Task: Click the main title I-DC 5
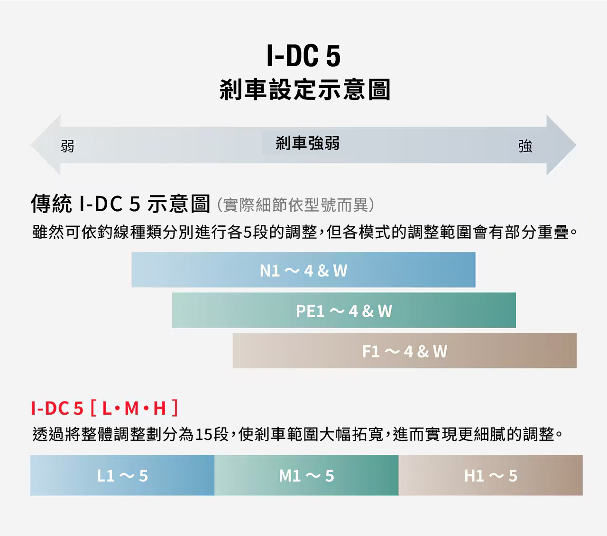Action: pyautogui.click(x=303, y=56)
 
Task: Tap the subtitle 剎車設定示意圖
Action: pyautogui.click(x=304, y=90)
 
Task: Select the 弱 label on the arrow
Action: pyautogui.click(x=67, y=146)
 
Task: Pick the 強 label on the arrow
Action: pyautogui.click(x=525, y=146)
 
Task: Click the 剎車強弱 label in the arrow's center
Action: pyautogui.click(x=308, y=143)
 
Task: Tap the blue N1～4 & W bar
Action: pyautogui.click(x=303, y=270)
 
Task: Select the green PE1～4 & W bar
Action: pyautogui.click(x=344, y=311)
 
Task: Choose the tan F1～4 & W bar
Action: pyautogui.click(x=405, y=351)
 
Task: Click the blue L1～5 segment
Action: pyautogui.click(x=122, y=475)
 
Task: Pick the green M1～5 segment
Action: pyautogui.click(x=306, y=475)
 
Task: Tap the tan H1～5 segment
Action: pyautogui.click(x=490, y=475)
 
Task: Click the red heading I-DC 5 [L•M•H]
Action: pyautogui.click(x=104, y=408)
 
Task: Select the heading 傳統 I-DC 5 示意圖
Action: pyautogui.click(x=120, y=204)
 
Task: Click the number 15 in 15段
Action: pyautogui.click(x=203, y=434)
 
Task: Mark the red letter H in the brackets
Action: pyautogui.click(x=159, y=408)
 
